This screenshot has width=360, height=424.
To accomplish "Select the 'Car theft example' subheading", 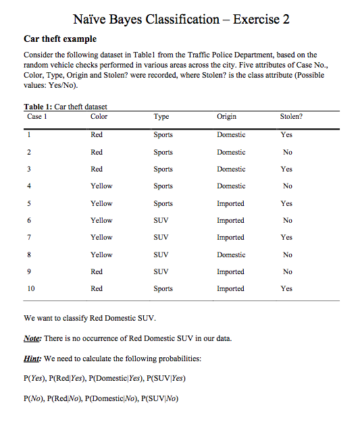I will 59,38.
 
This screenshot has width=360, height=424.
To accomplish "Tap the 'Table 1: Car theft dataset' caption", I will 66,107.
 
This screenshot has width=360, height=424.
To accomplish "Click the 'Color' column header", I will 99,117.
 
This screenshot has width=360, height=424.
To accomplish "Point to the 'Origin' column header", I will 227,117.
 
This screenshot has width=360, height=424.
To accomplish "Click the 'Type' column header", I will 161,117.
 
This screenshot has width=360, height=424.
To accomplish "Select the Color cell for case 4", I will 101,186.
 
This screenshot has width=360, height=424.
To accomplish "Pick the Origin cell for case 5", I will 231,203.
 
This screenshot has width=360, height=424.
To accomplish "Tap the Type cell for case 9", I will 161,271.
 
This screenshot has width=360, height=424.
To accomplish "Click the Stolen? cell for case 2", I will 288,152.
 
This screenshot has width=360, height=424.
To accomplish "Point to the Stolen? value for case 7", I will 286,237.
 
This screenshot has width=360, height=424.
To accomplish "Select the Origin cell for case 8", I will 231,255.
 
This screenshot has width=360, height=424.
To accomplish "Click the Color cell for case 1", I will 97,135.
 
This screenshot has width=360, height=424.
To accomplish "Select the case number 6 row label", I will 29,220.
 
